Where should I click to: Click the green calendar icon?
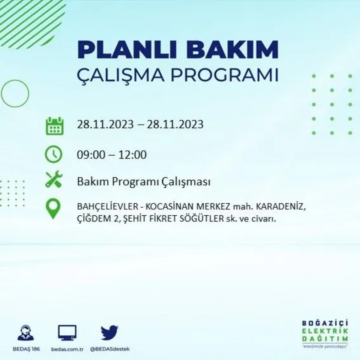tap(54, 126)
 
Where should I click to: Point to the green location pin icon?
tap(53, 209)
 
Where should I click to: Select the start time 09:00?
tap(91, 155)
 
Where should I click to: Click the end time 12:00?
tap(132, 155)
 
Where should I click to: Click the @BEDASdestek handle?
tap(110, 349)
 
